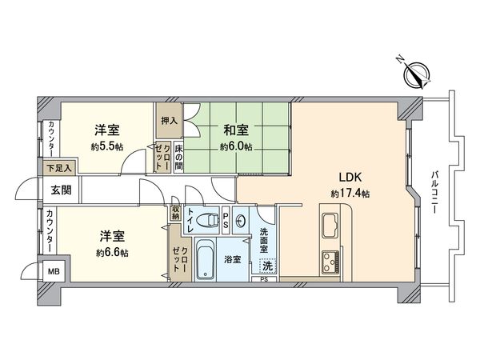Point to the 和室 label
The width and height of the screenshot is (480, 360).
[236, 130]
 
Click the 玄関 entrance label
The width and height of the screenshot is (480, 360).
[61, 190]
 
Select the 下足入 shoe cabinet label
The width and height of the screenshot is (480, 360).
[58, 168]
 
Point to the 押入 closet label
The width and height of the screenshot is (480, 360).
[169, 121]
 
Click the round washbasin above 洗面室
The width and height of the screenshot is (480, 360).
[242, 222]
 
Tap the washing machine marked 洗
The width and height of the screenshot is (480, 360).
[267, 265]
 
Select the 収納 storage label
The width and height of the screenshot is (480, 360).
[175, 212]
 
